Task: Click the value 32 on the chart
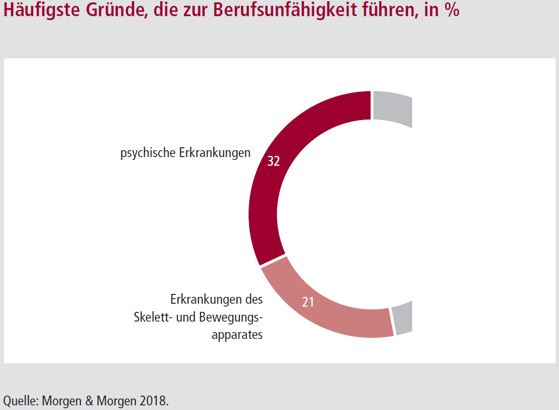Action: [x=273, y=162]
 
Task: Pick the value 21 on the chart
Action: [x=308, y=302]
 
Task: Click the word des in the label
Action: [x=253, y=300]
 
